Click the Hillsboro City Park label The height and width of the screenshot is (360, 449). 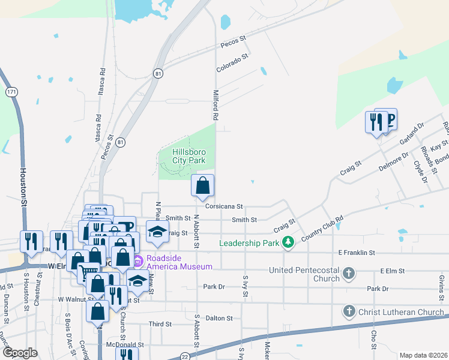point(189,156)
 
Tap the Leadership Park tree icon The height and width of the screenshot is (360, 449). point(289,242)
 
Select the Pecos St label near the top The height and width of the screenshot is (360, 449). point(234,41)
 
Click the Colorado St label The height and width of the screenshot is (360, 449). point(232,63)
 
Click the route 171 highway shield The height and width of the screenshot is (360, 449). point(11,92)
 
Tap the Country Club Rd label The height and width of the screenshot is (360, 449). point(322,229)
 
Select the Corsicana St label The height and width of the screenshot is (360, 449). point(223,206)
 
